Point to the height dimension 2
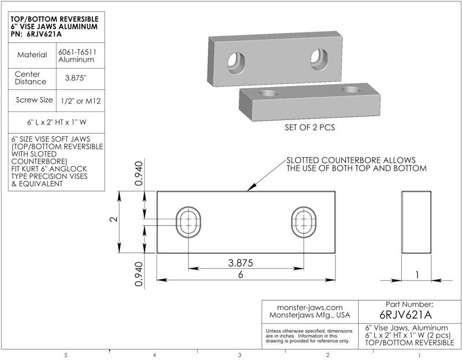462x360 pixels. (x=114, y=220)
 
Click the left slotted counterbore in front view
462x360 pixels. (x=188, y=222)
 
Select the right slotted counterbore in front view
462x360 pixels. (x=304, y=222)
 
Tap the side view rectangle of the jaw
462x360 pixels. (x=416, y=222)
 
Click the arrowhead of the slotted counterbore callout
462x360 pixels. (x=248, y=189)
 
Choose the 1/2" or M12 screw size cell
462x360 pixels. (x=80, y=100)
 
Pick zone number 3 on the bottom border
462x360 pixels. (x=239, y=355)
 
